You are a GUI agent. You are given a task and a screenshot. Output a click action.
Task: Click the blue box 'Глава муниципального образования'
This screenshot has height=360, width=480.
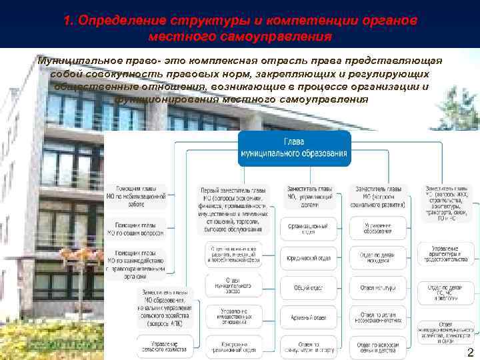(x=294, y=149)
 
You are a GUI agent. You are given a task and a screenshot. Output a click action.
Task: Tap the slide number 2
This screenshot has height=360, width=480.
(x=471, y=353)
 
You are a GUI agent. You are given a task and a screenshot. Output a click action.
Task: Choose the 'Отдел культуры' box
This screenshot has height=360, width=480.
(x=377, y=288)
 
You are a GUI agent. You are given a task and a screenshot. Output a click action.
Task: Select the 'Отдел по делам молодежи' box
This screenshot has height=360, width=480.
(x=377, y=257)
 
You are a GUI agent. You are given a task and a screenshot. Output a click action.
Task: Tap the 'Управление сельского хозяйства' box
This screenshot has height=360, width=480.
(x=165, y=343)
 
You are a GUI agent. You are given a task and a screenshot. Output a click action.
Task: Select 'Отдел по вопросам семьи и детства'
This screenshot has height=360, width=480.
(x=377, y=347)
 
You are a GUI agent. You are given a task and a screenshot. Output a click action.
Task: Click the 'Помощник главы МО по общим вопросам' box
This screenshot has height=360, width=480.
(x=136, y=229)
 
